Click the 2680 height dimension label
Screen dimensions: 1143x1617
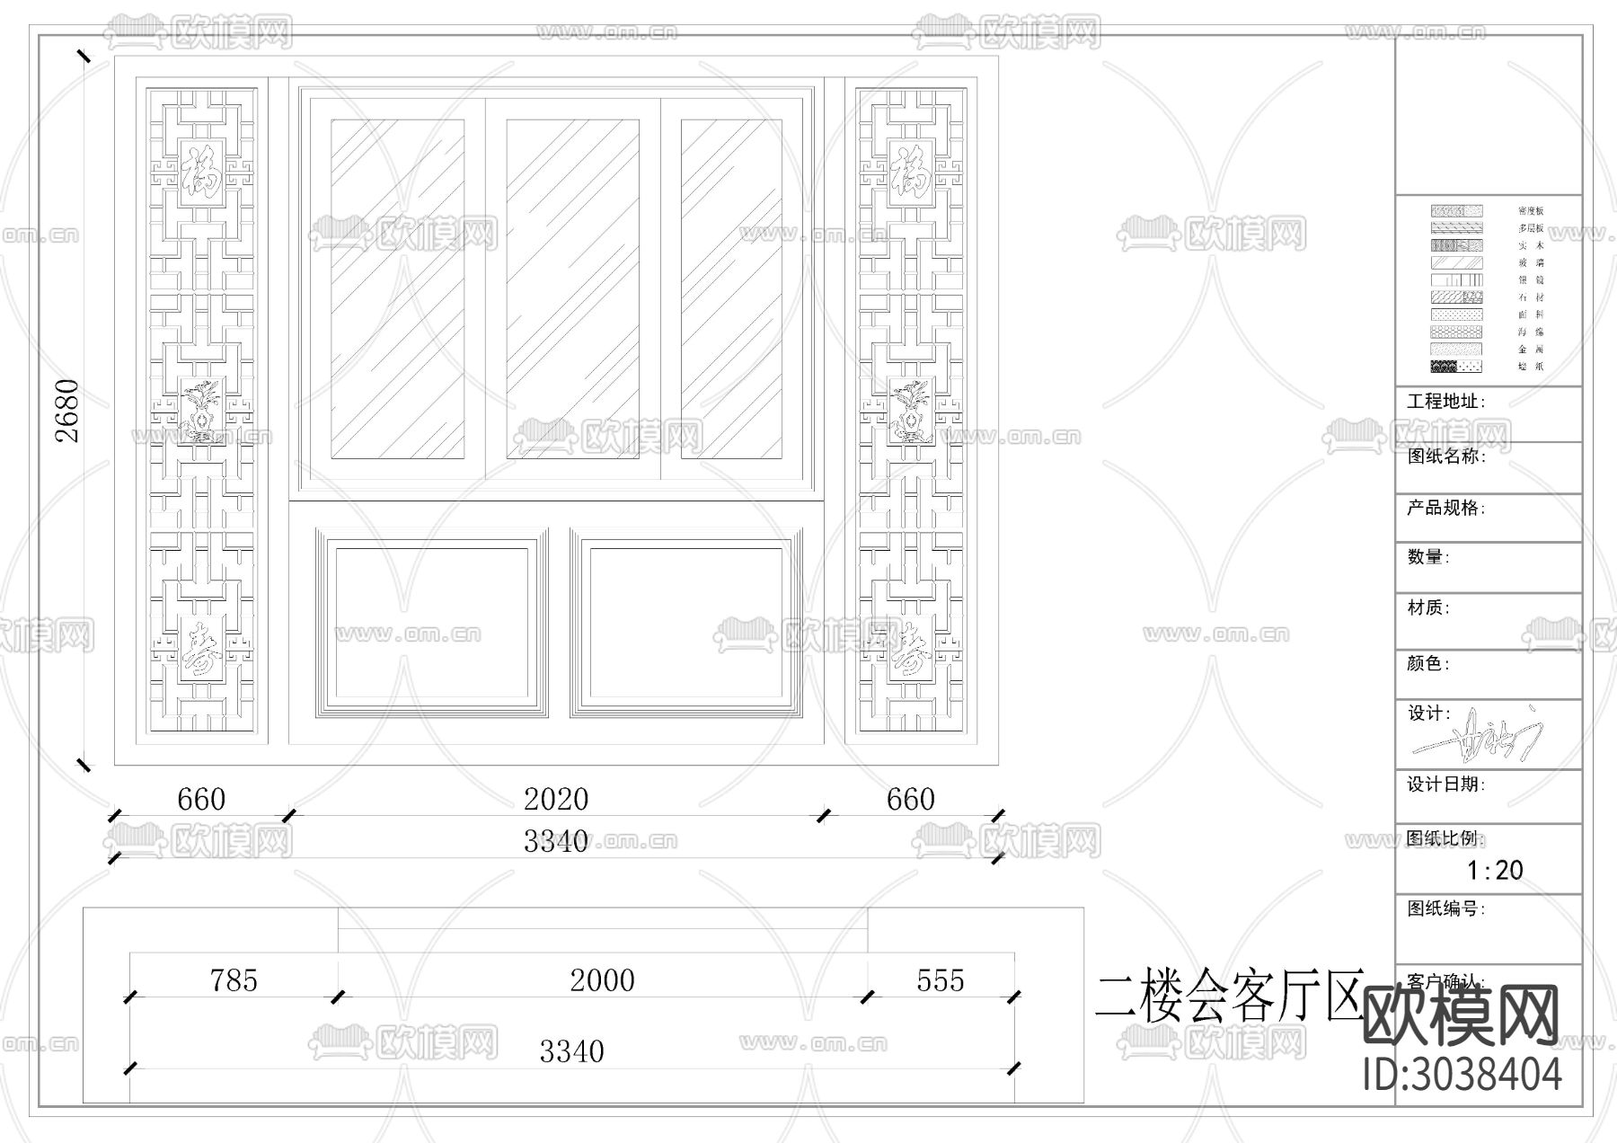click(68, 411)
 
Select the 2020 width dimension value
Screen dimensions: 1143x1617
click(556, 799)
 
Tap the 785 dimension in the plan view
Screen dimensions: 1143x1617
click(234, 980)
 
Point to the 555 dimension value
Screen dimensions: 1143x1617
click(940, 980)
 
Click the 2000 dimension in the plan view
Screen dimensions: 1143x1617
click(602, 980)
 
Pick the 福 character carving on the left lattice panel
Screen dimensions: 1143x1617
click(201, 171)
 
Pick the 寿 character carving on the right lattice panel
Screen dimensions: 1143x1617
click(911, 649)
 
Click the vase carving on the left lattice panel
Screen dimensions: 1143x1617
click(201, 412)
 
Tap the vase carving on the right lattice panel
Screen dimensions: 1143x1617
click(911, 412)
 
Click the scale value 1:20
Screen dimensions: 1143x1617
click(1495, 870)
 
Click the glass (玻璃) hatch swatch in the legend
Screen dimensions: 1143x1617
click(1456, 263)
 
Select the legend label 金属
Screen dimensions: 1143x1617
click(1531, 350)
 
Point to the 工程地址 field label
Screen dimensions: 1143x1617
click(1445, 402)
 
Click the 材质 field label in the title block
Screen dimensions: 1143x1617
click(1427, 608)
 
